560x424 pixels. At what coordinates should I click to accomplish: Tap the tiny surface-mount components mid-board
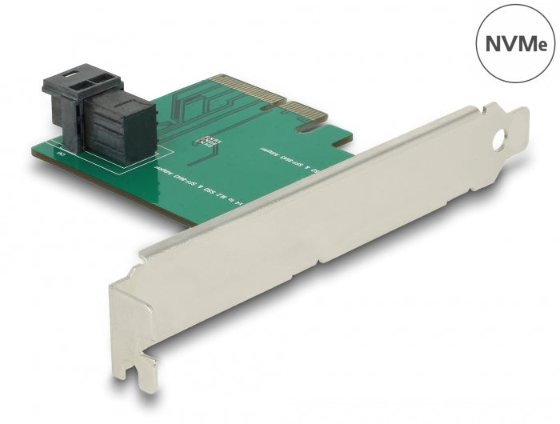tap(209, 142)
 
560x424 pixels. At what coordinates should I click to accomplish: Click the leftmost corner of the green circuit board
tap(34, 150)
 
